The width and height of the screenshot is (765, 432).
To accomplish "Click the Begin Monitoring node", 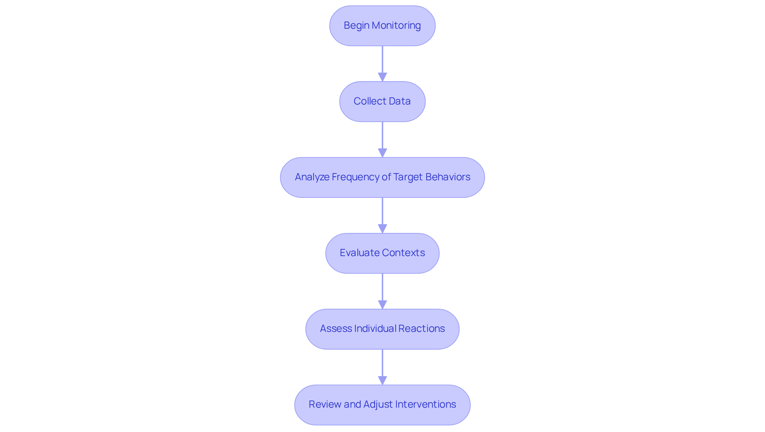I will (x=382, y=26).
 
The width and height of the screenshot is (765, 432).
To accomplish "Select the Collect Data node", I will (x=382, y=101).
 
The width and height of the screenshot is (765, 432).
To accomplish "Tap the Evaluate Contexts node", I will (x=382, y=253).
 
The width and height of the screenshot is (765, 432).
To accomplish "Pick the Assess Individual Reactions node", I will (x=382, y=329).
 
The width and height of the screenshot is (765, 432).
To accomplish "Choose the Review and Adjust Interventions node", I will (x=382, y=404).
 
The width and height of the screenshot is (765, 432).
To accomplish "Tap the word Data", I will (x=400, y=101).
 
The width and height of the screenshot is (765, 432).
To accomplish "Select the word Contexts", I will (x=404, y=253).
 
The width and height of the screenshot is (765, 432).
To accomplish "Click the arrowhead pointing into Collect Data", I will (x=382, y=77).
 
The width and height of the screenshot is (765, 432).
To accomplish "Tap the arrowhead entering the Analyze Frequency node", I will (x=382, y=153).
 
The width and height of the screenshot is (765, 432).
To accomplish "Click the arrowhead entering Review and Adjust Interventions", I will (x=382, y=380).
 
